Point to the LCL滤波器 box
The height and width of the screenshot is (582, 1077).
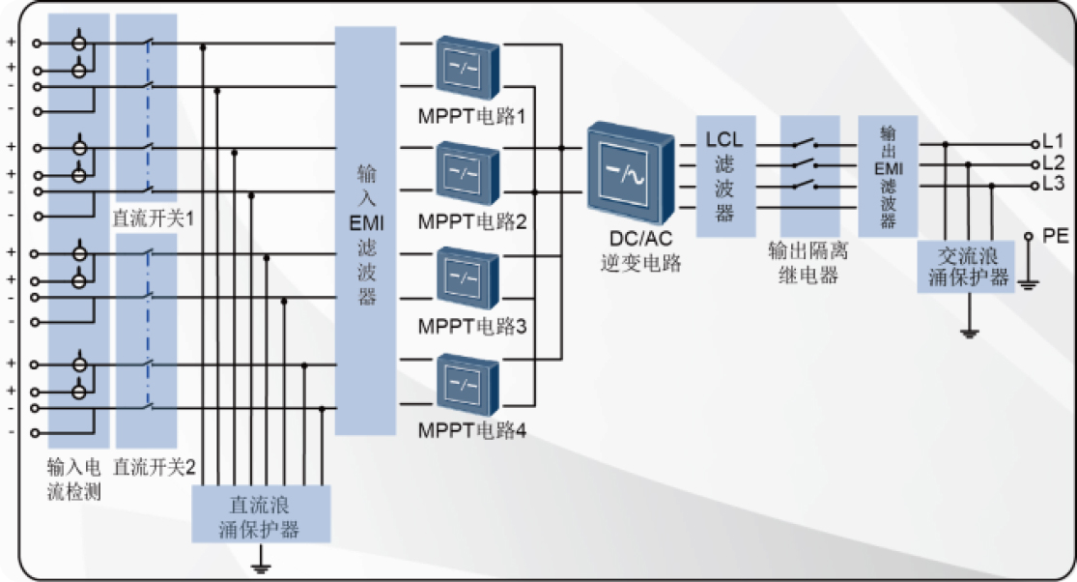pos(725,176)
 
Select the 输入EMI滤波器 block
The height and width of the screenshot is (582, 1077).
pos(366,230)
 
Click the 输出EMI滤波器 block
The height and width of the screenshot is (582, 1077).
pos(888,176)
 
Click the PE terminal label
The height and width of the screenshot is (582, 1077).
pos(1055,235)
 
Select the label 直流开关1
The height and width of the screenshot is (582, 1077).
pos(154,218)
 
